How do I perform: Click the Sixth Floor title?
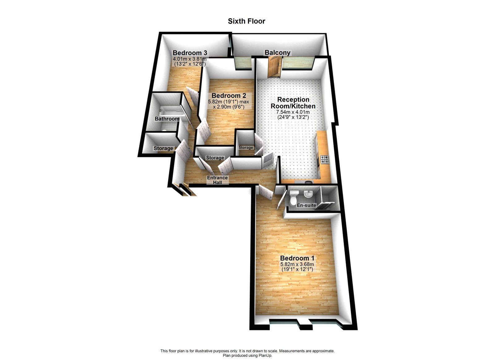(x=247, y=21)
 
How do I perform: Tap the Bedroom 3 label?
(x=190, y=53)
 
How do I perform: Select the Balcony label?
(x=277, y=53)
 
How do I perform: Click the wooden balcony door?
(x=273, y=67)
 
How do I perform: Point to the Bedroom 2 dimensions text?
(x=229, y=104)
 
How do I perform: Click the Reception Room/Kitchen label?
(x=293, y=103)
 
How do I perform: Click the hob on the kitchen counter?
(x=325, y=159)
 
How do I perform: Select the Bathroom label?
(x=167, y=119)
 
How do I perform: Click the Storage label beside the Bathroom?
(x=163, y=148)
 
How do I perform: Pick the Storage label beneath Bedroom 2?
(x=215, y=158)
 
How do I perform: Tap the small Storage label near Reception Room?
(x=246, y=148)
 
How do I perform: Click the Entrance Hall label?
(x=217, y=180)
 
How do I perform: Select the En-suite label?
(x=306, y=205)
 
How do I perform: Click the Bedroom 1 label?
(x=297, y=258)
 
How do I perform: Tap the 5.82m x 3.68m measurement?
(x=297, y=267)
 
